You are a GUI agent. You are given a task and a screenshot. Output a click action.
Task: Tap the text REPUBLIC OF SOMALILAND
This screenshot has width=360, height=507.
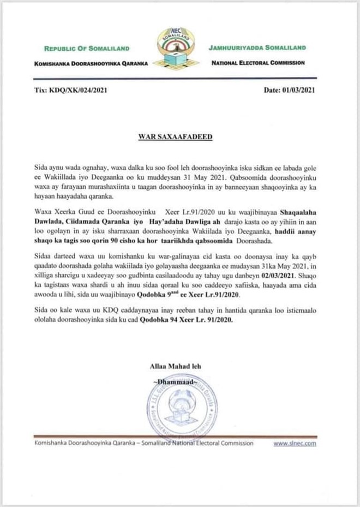83,49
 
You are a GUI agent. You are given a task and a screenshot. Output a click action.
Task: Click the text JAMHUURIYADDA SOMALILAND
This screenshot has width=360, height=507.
257,48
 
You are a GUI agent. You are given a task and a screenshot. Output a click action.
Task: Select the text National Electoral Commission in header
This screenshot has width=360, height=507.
257,63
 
